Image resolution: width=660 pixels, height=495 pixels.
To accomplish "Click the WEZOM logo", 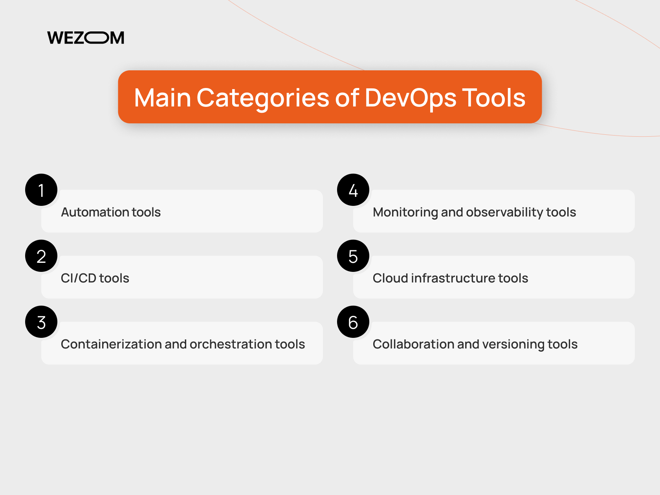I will [86, 38].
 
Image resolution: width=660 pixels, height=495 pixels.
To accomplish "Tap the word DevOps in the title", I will [411, 97].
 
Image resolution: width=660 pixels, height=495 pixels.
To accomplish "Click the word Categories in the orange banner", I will [263, 97].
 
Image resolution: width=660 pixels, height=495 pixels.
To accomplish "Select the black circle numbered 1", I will [41, 190].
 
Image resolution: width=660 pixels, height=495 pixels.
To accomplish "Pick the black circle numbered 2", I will [41, 256].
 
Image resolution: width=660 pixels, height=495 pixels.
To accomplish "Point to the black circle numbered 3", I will [41, 322].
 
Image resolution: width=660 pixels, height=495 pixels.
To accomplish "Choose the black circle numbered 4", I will [353, 190].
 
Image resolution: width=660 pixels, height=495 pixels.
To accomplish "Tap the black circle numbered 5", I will [353, 256].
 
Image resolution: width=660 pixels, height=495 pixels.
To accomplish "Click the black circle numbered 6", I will [353, 322].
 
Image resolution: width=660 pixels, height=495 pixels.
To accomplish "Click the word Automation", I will [95, 212].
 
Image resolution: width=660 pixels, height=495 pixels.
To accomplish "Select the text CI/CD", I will [79, 278].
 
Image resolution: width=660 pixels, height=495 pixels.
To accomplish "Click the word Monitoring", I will [405, 212].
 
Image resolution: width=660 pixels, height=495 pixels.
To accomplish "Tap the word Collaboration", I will [413, 344].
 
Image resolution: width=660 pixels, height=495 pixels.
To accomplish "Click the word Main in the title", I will [162, 97].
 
